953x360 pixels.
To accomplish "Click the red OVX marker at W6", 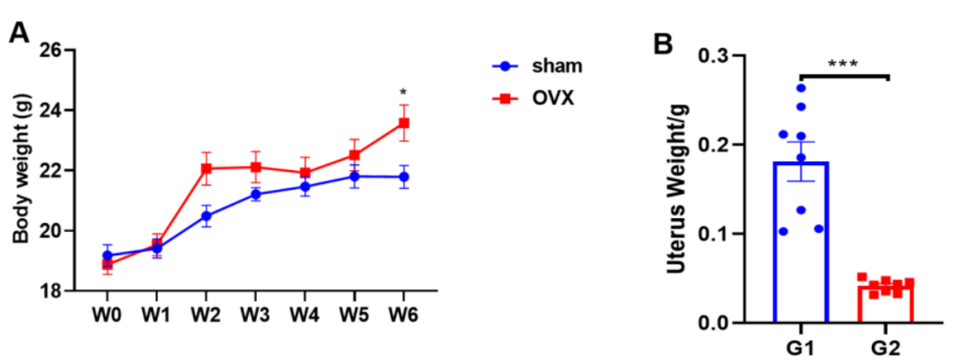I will click(404, 123).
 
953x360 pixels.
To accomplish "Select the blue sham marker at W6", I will click(404, 176).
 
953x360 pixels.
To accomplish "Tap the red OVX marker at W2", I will click(206, 168).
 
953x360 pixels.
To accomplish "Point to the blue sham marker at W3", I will click(256, 194).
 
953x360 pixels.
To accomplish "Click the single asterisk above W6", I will click(403, 93).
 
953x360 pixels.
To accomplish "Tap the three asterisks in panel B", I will click(843, 64).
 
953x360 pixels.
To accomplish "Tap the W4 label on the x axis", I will click(305, 314).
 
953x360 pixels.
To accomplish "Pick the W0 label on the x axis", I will click(108, 314).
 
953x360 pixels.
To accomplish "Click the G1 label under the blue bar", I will click(800, 346).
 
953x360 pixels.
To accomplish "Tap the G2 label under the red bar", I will click(885, 346).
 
